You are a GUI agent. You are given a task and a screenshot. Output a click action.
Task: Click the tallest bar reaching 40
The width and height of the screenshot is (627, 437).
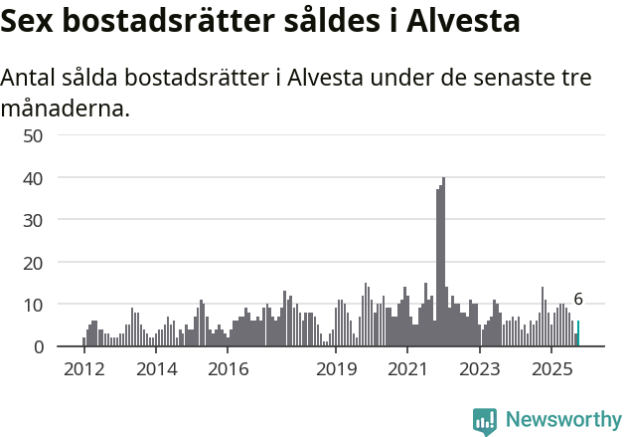click(443, 263)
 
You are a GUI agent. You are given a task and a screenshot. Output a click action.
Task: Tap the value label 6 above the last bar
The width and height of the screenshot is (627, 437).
click(578, 300)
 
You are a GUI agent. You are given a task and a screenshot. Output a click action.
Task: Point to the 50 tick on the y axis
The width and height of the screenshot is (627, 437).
click(32, 135)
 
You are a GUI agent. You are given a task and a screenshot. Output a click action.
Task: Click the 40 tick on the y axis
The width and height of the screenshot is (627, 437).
click(32, 177)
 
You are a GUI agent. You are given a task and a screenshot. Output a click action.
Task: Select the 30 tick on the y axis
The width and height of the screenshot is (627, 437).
click(32, 219)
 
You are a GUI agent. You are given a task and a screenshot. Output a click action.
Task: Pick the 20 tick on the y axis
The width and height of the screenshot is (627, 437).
click(32, 262)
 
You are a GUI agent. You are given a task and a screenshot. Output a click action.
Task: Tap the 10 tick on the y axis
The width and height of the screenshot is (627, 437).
click(32, 304)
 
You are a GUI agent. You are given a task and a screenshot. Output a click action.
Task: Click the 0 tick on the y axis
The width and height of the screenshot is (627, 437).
click(38, 346)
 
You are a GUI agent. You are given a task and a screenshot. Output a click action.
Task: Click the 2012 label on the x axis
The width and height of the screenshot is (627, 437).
click(83, 369)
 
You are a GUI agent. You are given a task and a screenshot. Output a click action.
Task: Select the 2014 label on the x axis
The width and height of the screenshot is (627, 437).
click(156, 369)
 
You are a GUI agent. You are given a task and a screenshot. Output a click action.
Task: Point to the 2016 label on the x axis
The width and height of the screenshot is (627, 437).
click(229, 369)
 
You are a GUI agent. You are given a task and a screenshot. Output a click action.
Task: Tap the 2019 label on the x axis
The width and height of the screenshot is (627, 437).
click(337, 369)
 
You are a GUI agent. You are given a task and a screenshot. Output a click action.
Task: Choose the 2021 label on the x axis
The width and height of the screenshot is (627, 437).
click(408, 369)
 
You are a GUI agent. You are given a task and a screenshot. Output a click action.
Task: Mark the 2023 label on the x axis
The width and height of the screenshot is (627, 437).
click(480, 369)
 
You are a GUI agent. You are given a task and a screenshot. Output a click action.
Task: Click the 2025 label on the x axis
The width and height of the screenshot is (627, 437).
click(551, 369)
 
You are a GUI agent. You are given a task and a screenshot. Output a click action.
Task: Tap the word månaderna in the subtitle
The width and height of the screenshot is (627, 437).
click(65, 108)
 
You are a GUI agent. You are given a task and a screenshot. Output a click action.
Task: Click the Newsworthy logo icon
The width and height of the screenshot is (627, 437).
click(485, 421)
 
